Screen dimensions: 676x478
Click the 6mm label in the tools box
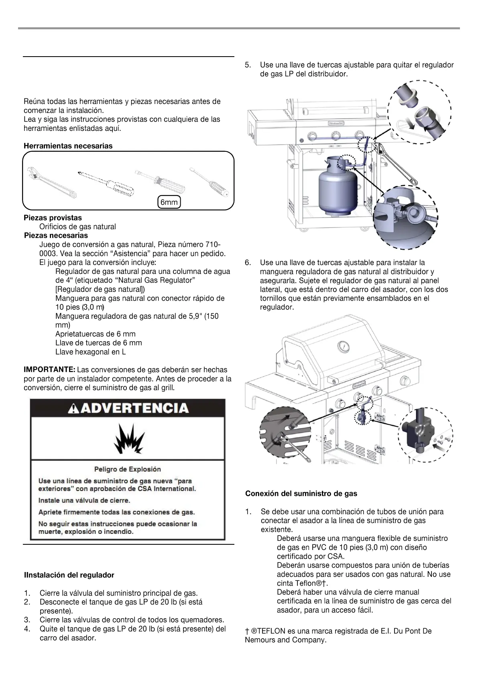tap(169, 202)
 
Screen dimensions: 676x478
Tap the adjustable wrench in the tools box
tap(51, 182)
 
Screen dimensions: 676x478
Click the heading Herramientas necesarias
tap(68, 146)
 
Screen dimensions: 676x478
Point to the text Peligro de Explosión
tap(128, 469)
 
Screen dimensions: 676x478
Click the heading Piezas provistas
tap(53, 218)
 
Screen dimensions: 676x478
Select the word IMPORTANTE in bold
tap(49, 370)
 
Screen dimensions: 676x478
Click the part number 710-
tap(213, 245)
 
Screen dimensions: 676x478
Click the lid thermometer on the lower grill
tap(344, 346)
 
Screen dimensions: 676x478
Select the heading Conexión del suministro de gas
tap(301, 494)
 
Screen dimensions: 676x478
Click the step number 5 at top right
tap(248, 65)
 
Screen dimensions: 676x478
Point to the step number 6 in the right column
tap(248, 263)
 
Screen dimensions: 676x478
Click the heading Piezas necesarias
tap(56, 236)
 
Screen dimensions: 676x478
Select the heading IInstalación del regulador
tap(69, 575)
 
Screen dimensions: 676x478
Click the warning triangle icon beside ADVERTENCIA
tap(73, 409)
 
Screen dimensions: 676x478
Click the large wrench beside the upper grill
tap(397, 161)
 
